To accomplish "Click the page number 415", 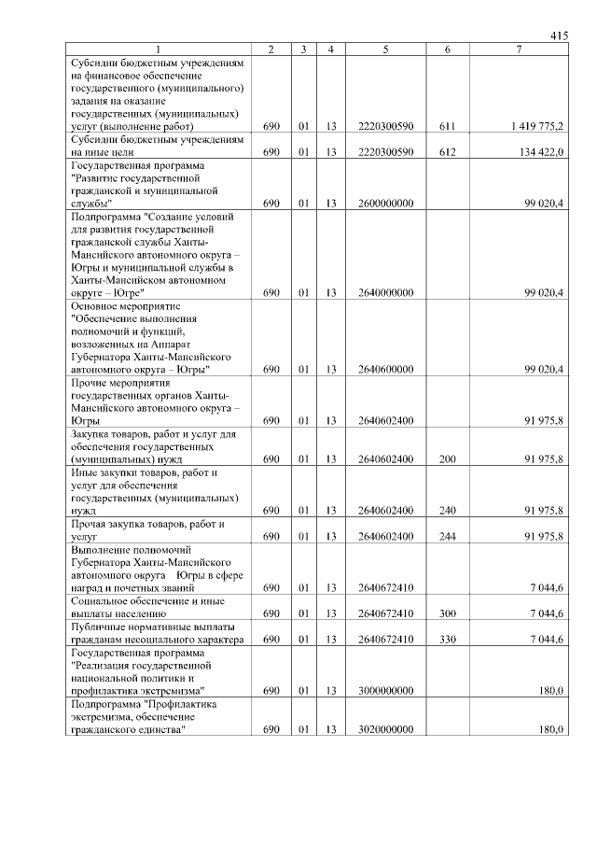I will (x=559, y=35).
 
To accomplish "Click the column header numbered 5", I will (x=385, y=49).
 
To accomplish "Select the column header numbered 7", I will (x=519, y=49).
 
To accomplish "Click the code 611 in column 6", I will (x=448, y=125).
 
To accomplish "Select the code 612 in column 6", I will (x=448, y=151).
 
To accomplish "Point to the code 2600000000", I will (x=385, y=203).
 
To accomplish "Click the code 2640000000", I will (x=385, y=292).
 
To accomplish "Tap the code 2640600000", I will (x=385, y=369).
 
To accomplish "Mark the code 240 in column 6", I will (x=448, y=511).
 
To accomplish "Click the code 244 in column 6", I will (x=448, y=537).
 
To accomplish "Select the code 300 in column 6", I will (x=448, y=613).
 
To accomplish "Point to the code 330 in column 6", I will (x=448, y=640).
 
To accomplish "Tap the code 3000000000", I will (x=385, y=690).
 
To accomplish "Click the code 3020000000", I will (x=385, y=729).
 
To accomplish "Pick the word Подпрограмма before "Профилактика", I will (x=106, y=703).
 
